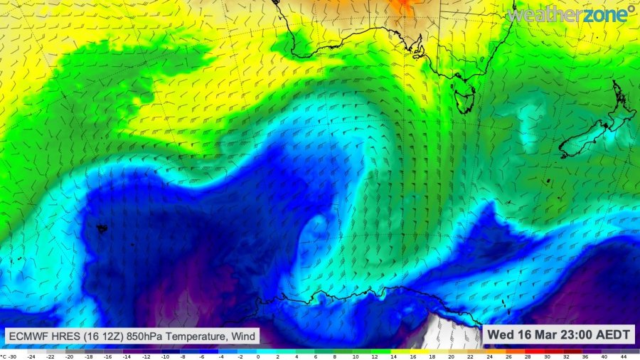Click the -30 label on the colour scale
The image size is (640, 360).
13,355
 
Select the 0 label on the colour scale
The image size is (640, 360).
257,355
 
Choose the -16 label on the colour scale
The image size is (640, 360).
108,355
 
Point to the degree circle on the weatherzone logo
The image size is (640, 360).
631,10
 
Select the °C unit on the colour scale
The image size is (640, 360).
4,355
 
